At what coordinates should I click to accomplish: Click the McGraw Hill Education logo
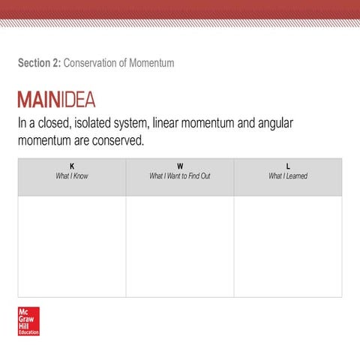pyautogui.click(x=28, y=321)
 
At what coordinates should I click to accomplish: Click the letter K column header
pyautogui.click(x=72, y=166)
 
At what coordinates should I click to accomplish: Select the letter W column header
pyautogui.click(x=180, y=166)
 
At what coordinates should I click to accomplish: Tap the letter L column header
pyautogui.click(x=288, y=166)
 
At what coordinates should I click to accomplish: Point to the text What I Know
pyautogui.click(x=72, y=176)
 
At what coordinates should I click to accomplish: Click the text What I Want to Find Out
pyautogui.click(x=180, y=176)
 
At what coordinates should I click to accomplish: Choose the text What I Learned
pyautogui.click(x=288, y=176)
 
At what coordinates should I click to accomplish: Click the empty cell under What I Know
pyautogui.click(x=72, y=246)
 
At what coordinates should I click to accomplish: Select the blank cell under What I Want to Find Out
pyautogui.click(x=180, y=246)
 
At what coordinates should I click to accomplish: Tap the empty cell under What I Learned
pyautogui.click(x=288, y=246)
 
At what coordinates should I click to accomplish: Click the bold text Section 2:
pyautogui.click(x=39, y=63)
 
